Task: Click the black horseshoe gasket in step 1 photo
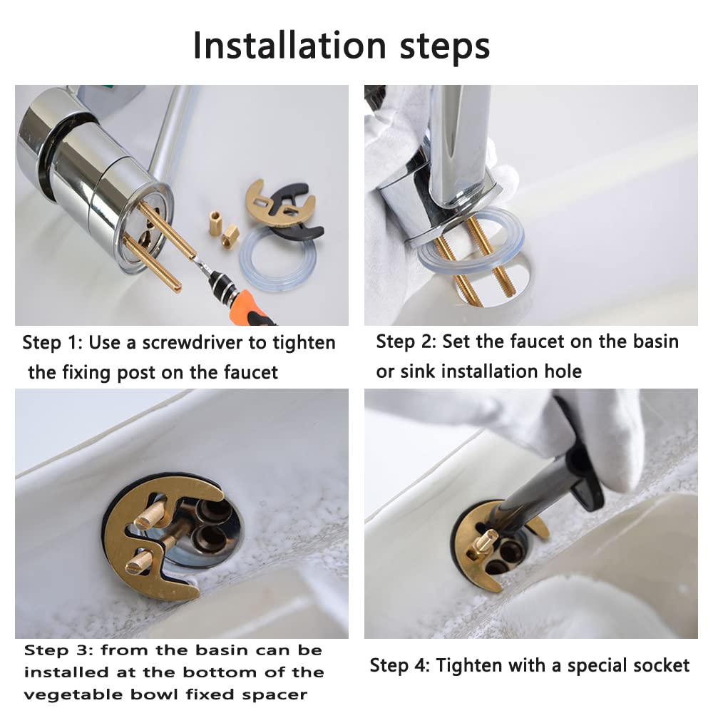(300, 214)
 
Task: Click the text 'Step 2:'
(406, 342)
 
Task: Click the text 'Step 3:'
(58, 650)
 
